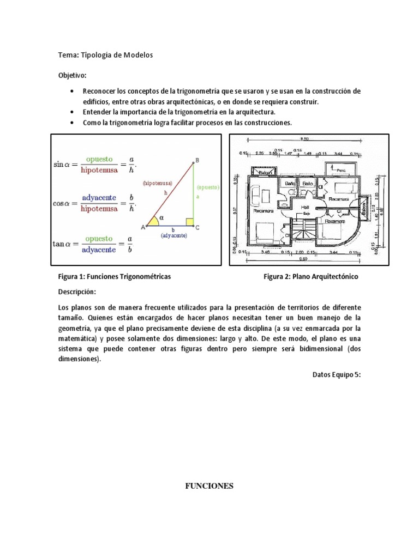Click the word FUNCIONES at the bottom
coord(209,486)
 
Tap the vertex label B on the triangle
coord(196,160)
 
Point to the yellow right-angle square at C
coord(189,222)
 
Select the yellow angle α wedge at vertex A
coord(154,221)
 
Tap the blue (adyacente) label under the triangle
coord(174,235)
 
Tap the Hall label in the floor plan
coord(306,207)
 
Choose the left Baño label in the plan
coord(290,184)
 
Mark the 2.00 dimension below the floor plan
coord(301,252)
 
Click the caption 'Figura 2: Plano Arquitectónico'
coord(310,277)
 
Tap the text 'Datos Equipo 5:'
coord(337,375)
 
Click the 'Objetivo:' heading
coord(73,75)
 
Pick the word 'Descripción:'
coord(76,291)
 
